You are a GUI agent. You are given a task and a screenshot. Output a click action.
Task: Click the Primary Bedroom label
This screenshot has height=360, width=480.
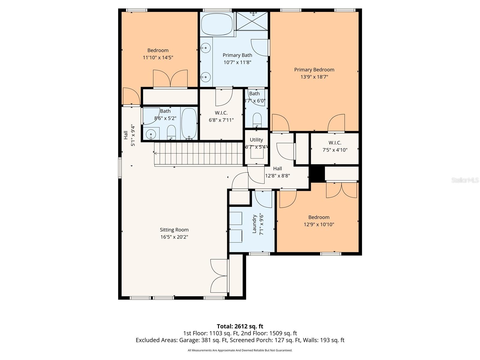(x=314, y=70)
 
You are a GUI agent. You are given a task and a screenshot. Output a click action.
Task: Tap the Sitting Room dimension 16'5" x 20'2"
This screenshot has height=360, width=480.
(x=174, y=237)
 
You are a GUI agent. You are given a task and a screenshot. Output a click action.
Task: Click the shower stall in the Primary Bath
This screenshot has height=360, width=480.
(x=252, y=21)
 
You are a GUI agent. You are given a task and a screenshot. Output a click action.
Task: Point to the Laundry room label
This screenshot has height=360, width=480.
(x=254, y=224)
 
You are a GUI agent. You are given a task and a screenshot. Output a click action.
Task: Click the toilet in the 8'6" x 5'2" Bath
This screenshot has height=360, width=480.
(x=171, y=132)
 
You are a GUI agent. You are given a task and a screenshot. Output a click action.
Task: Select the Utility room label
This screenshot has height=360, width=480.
(x=256, y=140)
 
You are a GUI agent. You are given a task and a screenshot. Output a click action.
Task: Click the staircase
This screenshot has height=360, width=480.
(x=198, y=153)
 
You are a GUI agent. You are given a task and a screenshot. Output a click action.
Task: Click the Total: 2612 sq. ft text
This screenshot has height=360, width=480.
(x=240, y=326)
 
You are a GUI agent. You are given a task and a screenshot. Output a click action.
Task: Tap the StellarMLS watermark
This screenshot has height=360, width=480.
(x=465, y=180)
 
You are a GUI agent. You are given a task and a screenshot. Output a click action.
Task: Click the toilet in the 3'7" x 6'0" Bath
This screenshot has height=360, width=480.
(x=257, y=120)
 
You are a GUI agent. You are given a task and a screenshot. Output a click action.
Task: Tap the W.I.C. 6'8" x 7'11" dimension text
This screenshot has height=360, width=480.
(x=221, y=120)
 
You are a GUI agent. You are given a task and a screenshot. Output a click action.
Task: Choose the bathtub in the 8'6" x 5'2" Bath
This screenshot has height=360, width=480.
(x=189, y=123)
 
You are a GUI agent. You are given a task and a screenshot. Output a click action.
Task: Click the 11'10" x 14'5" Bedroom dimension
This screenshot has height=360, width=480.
(x=158, y=58)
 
